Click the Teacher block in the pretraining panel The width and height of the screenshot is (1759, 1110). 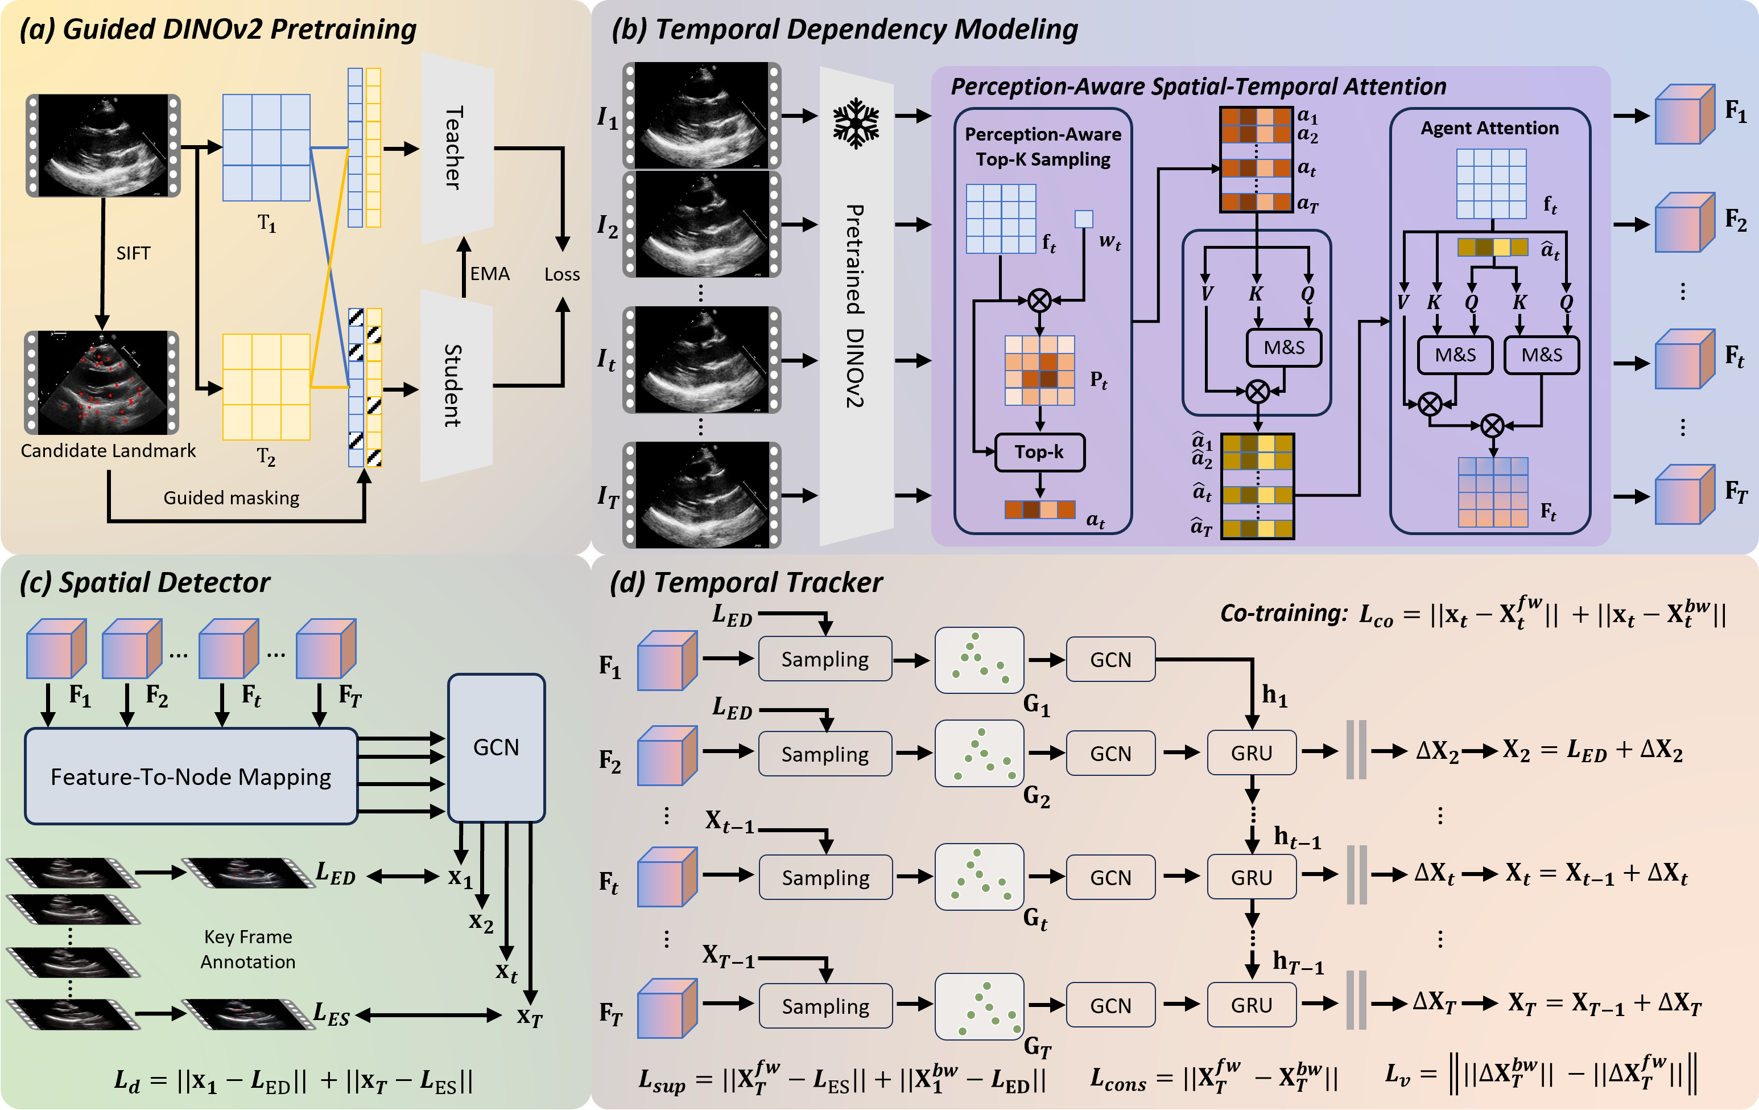pos(456,149)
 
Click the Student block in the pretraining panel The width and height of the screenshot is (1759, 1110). pos(456,385)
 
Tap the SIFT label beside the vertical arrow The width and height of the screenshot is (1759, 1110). pos(133,253)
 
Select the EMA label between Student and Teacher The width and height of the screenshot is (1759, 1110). pos(489,274)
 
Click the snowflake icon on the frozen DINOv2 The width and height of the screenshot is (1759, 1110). pos(856,124)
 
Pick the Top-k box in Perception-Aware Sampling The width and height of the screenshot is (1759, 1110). pos(1039,453)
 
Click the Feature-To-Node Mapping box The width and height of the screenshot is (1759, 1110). pos(191,776)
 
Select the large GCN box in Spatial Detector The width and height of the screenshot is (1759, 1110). pos(496,747)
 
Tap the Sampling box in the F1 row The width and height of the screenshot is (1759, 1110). pos(825,659)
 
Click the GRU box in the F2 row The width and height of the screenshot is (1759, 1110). pos(1252,753)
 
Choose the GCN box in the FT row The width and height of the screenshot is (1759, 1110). pos(1110,1005)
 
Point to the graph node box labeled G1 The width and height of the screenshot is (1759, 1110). pos(979,660)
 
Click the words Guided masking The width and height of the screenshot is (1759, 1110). pos(231,498)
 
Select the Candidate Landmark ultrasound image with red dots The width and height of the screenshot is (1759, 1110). pos(102,383)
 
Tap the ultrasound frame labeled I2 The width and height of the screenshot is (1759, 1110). pos(701,224)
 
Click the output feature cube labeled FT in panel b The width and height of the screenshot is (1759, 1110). pos(1684,495)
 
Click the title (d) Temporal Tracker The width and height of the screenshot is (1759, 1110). pos(746,582)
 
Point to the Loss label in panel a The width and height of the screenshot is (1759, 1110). pos(561,275)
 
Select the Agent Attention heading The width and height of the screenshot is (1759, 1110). pos(1489,129)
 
